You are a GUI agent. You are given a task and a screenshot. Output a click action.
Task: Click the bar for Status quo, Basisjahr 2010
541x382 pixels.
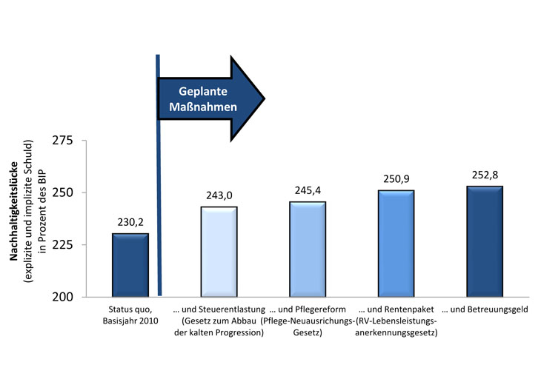(x=130, y=265)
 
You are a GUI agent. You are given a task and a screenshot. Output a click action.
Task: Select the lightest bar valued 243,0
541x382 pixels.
(x=219, y=252)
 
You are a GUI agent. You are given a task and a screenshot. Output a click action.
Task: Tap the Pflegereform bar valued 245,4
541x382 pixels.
(x=307, y=249)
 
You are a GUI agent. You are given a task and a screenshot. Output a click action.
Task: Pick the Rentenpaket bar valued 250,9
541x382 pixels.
(x=396, y=244)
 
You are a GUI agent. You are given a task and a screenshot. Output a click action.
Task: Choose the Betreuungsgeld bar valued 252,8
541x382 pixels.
(x=485, y=241)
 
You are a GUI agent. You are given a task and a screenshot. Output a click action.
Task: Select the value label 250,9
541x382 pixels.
(x=396, y=180)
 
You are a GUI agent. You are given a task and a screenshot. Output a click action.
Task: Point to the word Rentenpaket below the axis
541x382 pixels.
(x=408, y=309)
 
